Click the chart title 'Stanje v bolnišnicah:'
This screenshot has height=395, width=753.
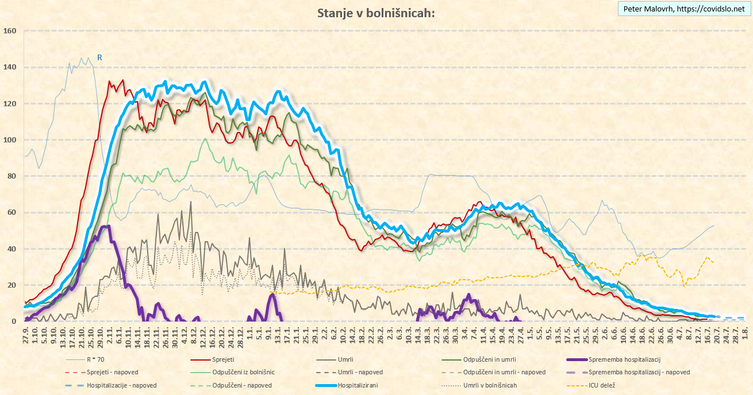pyautogui.click(x=376, y=13)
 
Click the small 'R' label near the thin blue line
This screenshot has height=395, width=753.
pyautogui.click(x=99, y=57)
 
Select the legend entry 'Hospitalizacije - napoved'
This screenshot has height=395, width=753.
pyautogui.click(x=121, y=385)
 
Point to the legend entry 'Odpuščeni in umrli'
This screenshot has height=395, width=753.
pyautogui.click(x=491, y=359)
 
